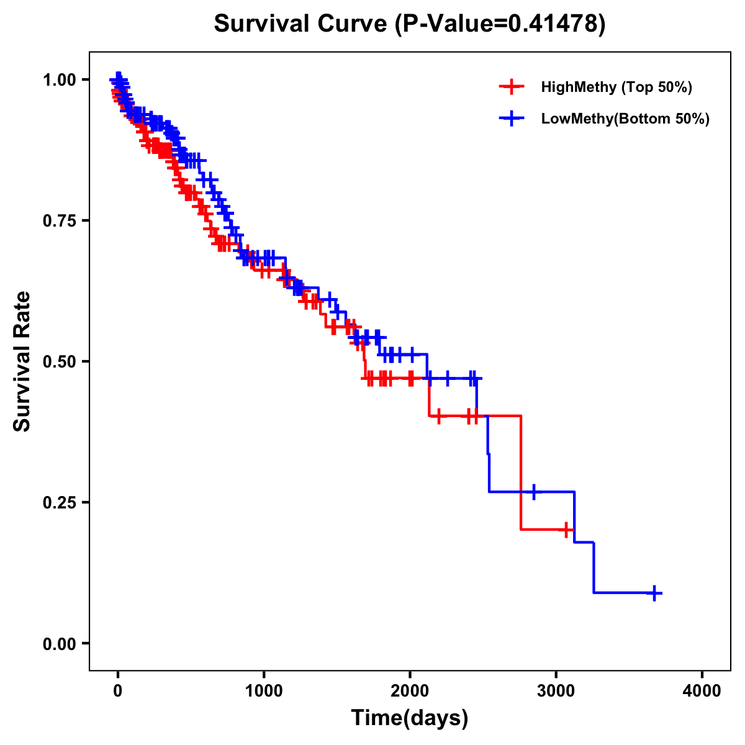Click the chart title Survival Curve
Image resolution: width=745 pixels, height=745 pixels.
click(x=302, y=24)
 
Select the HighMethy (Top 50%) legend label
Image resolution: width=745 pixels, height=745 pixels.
click(x=616, y=87)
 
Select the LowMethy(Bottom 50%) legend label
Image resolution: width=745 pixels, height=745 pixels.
click(x=625, y=119)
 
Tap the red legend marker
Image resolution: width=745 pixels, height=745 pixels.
click(x=511, y=87)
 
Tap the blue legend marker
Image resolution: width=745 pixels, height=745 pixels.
click(x=511, y=119)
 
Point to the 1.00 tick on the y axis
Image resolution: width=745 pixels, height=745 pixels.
click(x=60, y=79)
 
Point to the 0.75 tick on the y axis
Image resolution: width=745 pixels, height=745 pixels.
click(x=60, y=220)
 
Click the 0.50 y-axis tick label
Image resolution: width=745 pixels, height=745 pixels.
click(x=60, y=361)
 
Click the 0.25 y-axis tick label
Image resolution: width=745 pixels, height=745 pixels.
click(x=60, y=502)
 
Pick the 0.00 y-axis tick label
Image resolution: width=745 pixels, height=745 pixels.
click(x=60, y=643)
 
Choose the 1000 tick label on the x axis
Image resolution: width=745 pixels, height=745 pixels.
click(x=264, y=691)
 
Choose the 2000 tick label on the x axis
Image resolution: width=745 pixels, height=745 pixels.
click(x=410, y=691)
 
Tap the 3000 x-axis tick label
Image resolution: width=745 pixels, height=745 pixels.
click(x=556, y=691)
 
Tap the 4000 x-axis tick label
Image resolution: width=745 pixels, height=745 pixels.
click(x=702, y=691)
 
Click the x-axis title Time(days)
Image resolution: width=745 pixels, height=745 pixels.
click(x=410, y=718)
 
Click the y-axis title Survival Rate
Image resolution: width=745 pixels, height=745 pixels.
click(x=22, y=361)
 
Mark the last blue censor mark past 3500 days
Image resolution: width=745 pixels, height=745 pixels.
click(x=654, y=593)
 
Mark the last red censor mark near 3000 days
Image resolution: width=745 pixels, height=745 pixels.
click(x=567, y=530)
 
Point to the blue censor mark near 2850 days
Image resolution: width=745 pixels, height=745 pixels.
click(x=533, y=492)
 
